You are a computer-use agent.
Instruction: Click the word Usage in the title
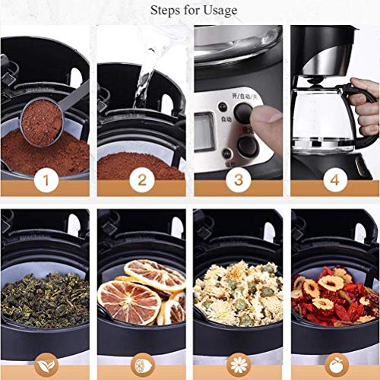click(220, 10)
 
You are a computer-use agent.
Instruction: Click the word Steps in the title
click(167, 10)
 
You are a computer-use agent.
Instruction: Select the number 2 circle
click(142, 180)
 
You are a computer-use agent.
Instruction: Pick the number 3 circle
click(239, 180)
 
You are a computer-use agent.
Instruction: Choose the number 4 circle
click(334, 180)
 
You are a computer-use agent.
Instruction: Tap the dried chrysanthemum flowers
click(236, 293)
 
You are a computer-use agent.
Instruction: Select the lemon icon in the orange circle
click(142, 363)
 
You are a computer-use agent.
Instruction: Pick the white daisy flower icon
click(238, 363)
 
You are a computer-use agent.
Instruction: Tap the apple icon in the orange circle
click(334, 363)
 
